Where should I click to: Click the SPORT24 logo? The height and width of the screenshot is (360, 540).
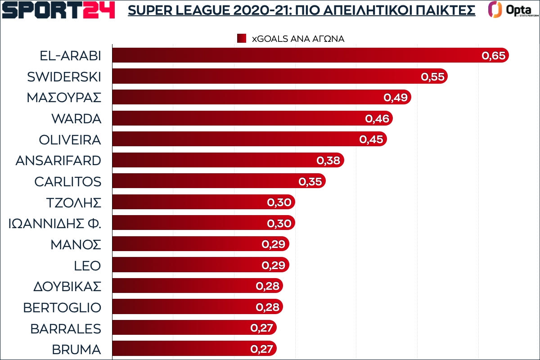point(58,10)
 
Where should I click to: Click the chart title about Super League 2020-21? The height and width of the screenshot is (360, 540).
point(301,10)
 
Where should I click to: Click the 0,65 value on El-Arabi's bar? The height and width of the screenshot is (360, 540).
point(494,56)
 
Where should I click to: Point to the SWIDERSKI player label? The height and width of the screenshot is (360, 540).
point(64,77)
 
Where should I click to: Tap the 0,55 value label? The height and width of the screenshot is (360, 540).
point(432,77)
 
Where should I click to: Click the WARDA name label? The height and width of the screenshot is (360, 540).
point(76,119)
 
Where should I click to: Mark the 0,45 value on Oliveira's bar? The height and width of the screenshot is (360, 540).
point(371,139)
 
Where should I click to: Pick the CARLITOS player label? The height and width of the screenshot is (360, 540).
point(67,181)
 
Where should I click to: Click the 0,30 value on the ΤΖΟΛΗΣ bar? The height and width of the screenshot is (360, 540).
point(279,202)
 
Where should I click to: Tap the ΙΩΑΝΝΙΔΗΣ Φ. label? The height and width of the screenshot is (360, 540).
point(55,224)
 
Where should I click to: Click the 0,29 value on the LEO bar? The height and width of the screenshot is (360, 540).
point(274,265)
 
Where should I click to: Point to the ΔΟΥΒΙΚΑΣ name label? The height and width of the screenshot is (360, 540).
point(67,286)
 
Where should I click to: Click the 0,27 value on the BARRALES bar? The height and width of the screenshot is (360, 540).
point(261,328)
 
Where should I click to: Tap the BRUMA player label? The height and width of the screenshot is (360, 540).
point(76,349)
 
